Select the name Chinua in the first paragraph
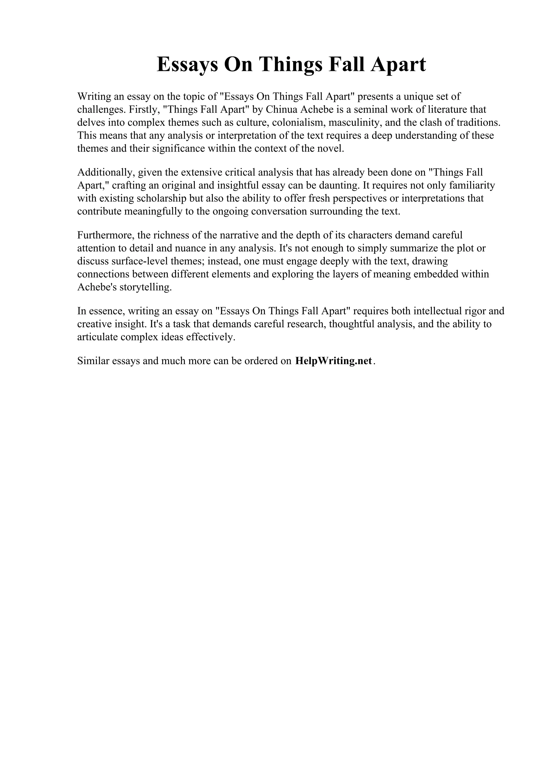pos(282,109)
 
